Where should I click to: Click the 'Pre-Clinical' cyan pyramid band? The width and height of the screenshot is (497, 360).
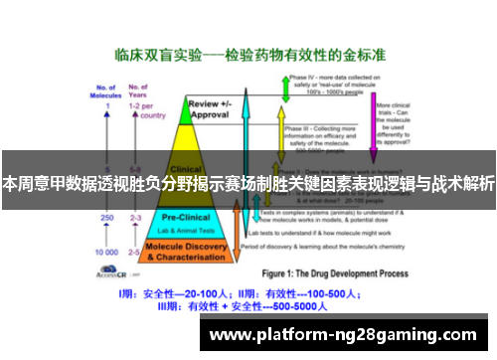[184, 221]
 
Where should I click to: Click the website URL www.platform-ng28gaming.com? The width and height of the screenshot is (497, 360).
[348, 334]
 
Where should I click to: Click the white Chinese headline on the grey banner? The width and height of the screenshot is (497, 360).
[248, 183]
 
